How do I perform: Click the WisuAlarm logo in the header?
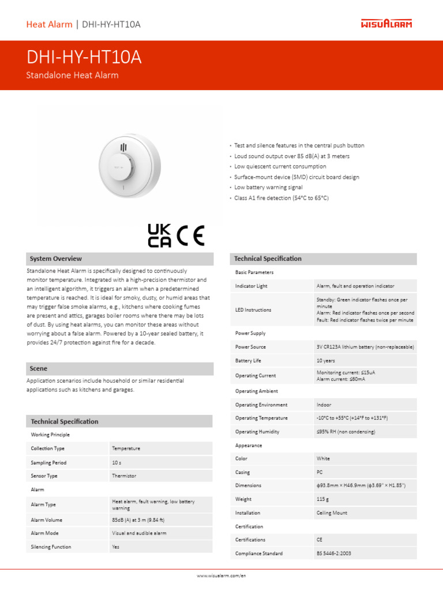pyautogui.click(x=386, y=24)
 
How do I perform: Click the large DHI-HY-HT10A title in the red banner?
pyautogui.click(x=84, y=58)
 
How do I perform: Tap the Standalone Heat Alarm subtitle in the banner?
pyautogui.click(x=73, y=75)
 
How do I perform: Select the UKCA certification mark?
pyautogui.click(x=159, y=235)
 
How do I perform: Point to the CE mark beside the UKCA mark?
pyautogui.click(x=190, y=235)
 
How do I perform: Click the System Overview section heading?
pyautogui.click(x=56, y=259)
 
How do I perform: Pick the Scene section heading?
pyautogui.click(x=39, y=368)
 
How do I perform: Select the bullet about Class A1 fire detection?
pyautogui.click(x=281, y=198)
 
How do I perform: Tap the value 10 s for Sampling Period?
pyautogui.click(x=117, y=462)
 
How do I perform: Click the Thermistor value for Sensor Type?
pyautogui.click(x=124, y=476)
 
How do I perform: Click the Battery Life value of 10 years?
pyautogui.click(x=325, y=361)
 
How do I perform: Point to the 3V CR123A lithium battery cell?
pyautogui.click(x=365, y=347)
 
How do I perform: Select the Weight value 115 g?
pyautogui.click(x=322, y=499)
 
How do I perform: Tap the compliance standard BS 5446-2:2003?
pyautogui.click(x=333, y=553)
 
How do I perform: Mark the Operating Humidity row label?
pyautogui.click(x=257, y=432)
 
